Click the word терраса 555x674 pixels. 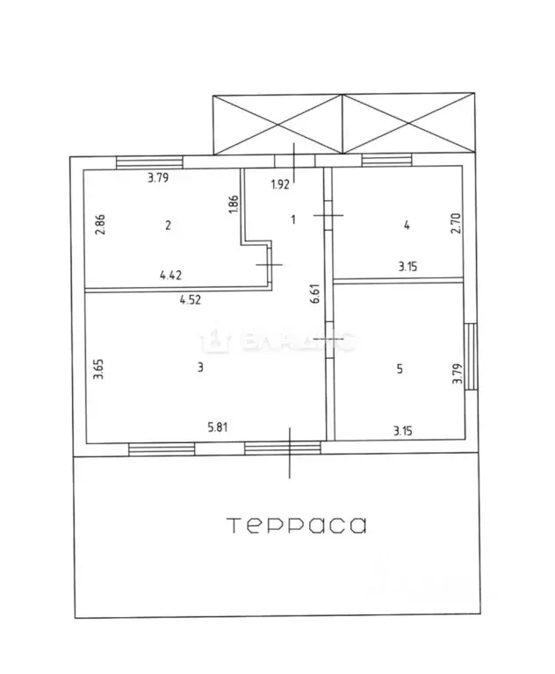pyautogui.click(x=297, y=526)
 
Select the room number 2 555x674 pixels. pyautogui.click(x=168, y=225)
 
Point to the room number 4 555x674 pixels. pyautogui.click(x=406, y=225)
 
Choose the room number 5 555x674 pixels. pyautogui.click(x=400, y=369)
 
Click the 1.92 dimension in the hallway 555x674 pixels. pyautogui.click(x=279, y=183)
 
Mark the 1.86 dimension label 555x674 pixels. pyautogui.click(x=233, y=204)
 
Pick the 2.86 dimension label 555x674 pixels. pyautogui.click(x=101, y=225)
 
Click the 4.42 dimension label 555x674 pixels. pyautogui.click(x=171, y=276)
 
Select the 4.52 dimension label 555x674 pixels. pyautogui.click(x=190, y=299)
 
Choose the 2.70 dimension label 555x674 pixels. pyautogui.click(x=456, y=225)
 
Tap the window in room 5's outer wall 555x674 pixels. pyautogui.click(x=472, y=357)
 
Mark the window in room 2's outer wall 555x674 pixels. pyautogui.click(x=149, y=161)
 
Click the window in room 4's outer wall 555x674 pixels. pyautogui.click(x=387, y=161)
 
